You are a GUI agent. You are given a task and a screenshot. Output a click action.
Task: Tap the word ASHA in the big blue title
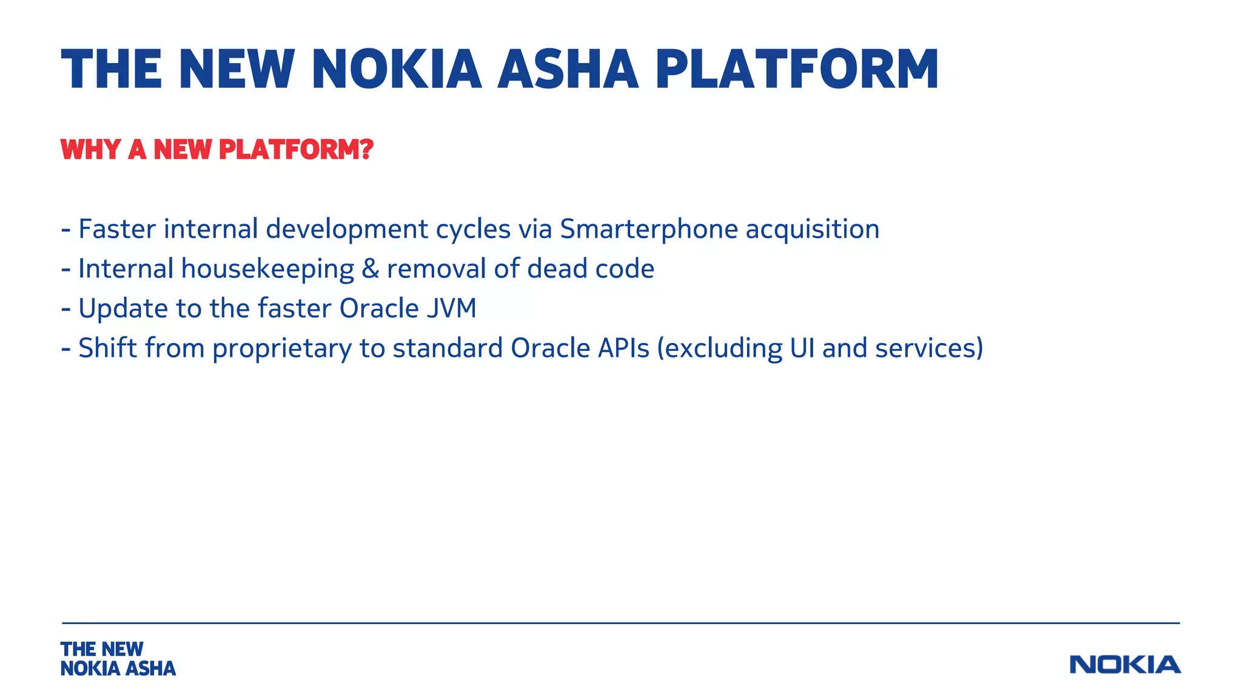pyautogui.click(x=568, y=70)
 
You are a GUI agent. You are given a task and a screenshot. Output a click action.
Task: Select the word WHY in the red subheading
pyautogui.click(x=90, y=150)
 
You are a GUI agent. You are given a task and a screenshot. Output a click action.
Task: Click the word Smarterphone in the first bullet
pyautogui.click(x=648, y=230)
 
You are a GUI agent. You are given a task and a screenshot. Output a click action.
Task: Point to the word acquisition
pyautogui.click(x=812, y=230)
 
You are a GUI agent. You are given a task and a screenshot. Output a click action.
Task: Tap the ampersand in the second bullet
pyautogui.click(x=370, y=269)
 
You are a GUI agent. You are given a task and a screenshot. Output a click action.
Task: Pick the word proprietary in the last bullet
pyautogui.click(x=281, y=349)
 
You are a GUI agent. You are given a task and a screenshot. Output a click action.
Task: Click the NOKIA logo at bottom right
pyautogui.click(x=1125, y=665)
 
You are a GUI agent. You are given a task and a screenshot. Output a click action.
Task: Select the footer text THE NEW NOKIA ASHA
pyautogui.click(x=118, y=659)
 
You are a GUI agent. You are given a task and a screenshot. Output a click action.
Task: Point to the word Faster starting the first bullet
pyautogui.click(x=117, y=230)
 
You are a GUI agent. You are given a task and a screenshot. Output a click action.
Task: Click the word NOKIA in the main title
pyautogui.click(x=396, y=70)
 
